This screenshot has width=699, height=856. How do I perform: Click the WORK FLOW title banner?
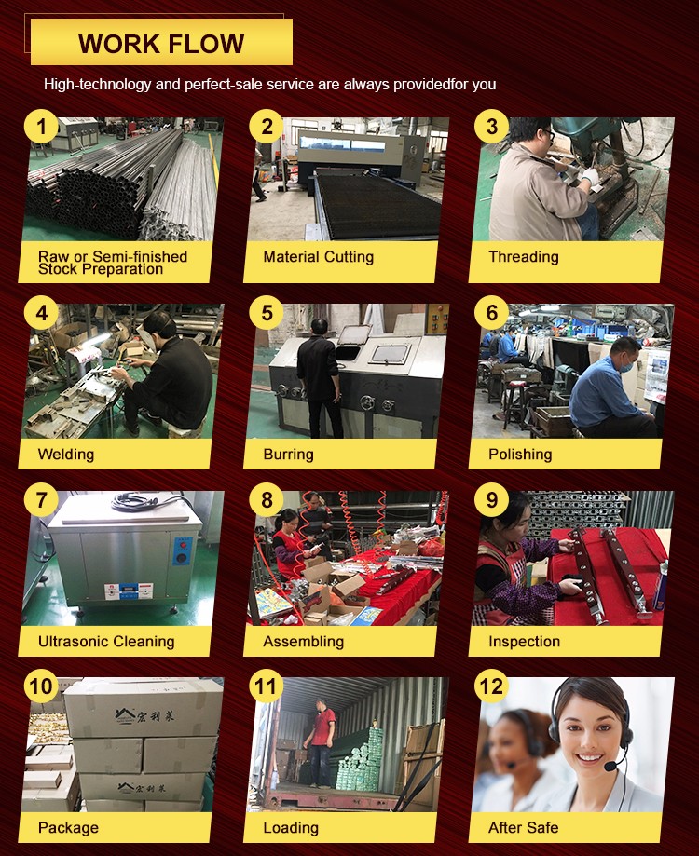(161, 43)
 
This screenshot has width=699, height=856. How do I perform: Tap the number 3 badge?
(491, 126)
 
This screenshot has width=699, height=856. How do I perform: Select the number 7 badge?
(41, 499)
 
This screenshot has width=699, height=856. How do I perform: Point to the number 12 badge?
(491, 686)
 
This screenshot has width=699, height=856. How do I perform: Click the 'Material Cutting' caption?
(319, 256)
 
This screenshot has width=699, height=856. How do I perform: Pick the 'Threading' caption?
(523, 257)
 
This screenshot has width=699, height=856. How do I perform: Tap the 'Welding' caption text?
(66, 455)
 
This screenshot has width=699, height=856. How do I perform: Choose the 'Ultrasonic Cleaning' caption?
(106, 641)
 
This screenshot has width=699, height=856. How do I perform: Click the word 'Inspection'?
(524, 641)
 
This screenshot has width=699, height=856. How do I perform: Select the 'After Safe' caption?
(523, 828)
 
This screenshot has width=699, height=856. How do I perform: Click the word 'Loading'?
(291, 828)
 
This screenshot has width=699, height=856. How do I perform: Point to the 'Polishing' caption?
(520, 455)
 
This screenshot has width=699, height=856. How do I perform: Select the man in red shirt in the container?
(321, 742)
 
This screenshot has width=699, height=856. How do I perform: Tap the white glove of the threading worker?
(590, 176)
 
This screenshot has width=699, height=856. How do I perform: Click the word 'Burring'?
(288, 455)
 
